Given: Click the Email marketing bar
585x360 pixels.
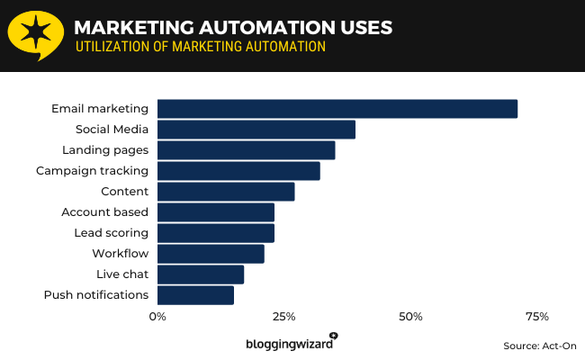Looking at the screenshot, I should (x=337, y=109).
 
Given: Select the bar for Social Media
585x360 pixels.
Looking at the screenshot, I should (x=256, y=130).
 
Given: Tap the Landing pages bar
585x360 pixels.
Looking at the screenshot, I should (x=246, y=150).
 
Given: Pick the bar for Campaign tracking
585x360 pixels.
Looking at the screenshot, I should (x=238, y=171).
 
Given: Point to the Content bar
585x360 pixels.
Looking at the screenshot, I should (x=226, y=192).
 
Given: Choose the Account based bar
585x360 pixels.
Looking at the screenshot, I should (x=216, y=212).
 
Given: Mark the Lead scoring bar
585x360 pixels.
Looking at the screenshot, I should (x=216, y=233).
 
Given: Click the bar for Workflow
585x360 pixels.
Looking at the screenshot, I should (x=211, y=254).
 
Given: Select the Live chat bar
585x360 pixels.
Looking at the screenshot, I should (x=201, y=274).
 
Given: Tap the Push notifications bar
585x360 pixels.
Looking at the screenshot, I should (x=195, y=295).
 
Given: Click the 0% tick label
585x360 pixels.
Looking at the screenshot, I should (x=157, y=317).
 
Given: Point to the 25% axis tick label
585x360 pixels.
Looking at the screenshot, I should (x=284, y=317).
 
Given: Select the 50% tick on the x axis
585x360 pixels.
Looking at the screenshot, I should (x=410, y=317).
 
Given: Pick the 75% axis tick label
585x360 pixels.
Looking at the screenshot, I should (x=537, y=317).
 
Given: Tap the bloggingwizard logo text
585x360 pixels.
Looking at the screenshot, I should (x=289, y=344).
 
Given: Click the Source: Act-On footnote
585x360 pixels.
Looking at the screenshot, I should (x=540, y=346).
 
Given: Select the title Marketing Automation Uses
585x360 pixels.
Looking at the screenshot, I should (x=233, y=28).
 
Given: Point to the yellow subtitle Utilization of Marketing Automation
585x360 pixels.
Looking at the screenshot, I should (x=200, y=47).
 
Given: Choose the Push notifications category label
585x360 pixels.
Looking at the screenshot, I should (x=96, y=295).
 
